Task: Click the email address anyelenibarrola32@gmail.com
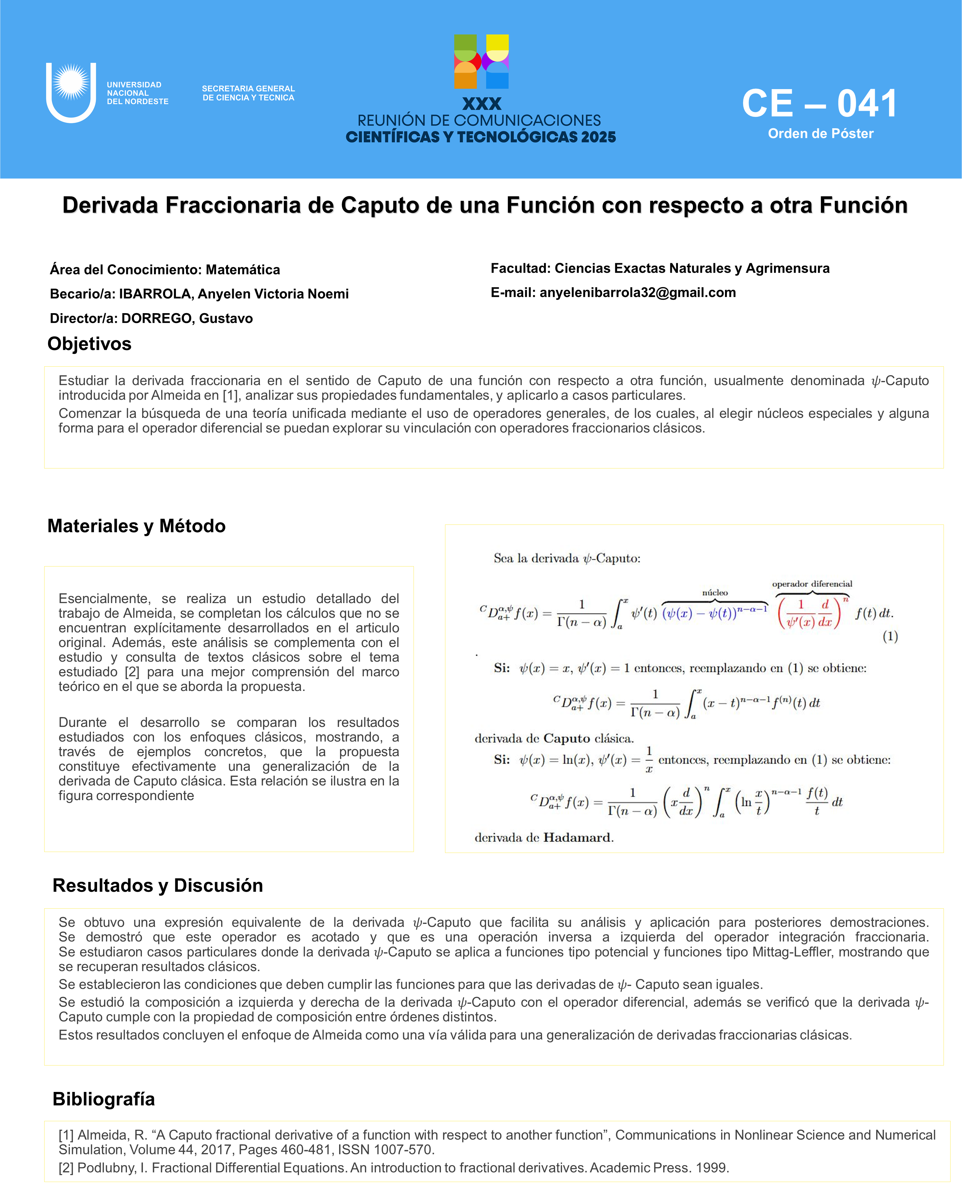638,292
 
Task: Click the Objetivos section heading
89,344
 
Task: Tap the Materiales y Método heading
136,526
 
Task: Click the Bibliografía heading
104,1099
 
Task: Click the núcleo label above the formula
715,593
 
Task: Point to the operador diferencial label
812,584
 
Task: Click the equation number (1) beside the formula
890,636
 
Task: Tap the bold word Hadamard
578,838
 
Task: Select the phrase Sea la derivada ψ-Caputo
567,559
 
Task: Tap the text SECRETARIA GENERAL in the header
248,89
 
